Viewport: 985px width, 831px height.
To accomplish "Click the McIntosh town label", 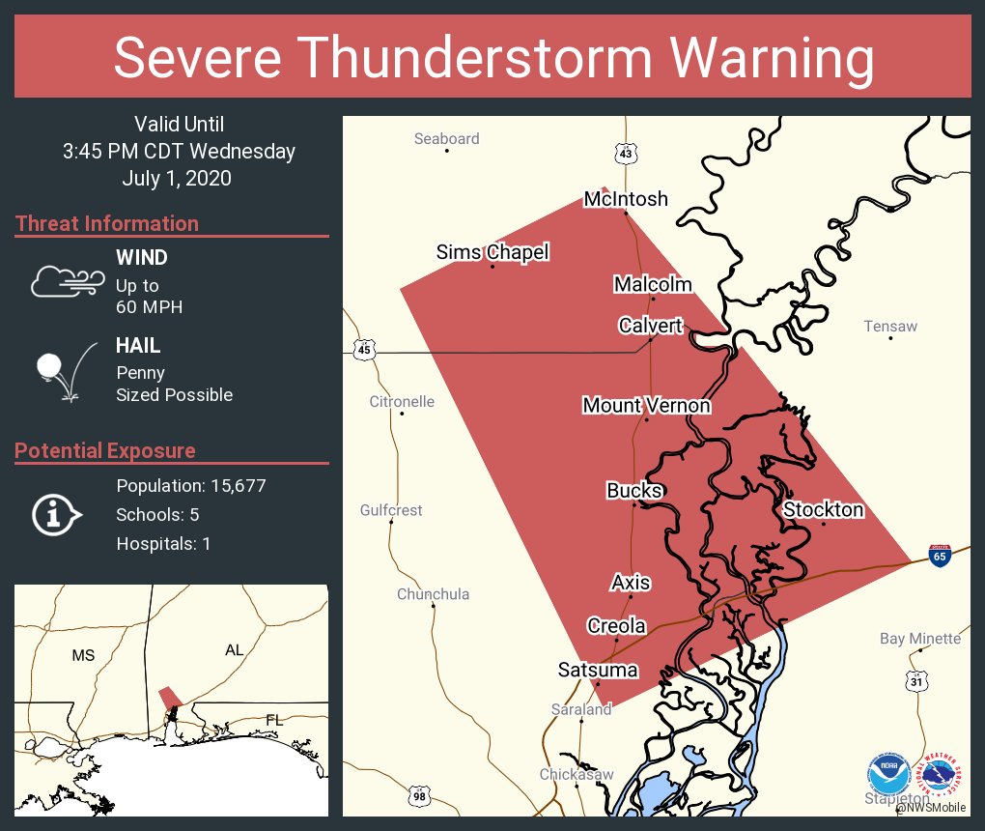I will coord(626,199).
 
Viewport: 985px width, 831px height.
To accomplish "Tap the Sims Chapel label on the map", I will coord(492,252).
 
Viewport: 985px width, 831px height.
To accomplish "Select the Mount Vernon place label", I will coord(646,405).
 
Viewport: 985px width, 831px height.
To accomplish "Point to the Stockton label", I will coord(823,509).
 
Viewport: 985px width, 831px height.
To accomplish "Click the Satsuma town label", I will coord(598,670).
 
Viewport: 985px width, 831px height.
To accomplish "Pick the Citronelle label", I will coord(402,401).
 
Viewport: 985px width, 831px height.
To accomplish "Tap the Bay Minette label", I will coord(919,639).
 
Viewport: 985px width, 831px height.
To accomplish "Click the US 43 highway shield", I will coord(626,153).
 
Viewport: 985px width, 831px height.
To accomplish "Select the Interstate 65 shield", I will coord(940,555).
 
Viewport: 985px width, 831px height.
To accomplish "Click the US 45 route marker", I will coord(363,349).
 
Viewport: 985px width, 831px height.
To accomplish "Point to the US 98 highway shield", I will coord(418,795).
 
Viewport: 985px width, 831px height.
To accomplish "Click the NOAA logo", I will coord(888,774).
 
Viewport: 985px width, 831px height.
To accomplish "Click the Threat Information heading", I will coord(107,223).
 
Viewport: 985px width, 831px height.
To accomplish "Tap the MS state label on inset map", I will coord(83,655).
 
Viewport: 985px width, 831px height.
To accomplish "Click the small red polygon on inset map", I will coord(169,696).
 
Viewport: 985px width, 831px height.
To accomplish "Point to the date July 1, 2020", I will coord(177,178).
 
